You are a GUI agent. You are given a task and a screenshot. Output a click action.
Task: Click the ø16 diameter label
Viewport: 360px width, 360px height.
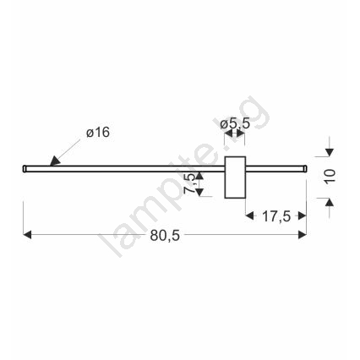[x=98, y=133]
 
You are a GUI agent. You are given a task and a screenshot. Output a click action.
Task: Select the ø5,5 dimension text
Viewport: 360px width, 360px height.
[x=235, y=123]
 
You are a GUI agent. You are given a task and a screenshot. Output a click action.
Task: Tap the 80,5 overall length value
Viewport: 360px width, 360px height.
[x=165, y=235]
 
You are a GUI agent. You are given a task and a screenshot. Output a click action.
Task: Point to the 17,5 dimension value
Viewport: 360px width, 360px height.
[x=276, y=216]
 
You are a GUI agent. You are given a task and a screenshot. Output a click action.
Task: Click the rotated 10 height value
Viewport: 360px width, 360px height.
[x=330, y=177]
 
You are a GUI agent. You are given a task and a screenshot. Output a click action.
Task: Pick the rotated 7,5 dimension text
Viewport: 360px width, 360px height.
[x=189, y=183]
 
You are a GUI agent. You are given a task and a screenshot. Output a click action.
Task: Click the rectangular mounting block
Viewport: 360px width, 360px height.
[x=235, y=177]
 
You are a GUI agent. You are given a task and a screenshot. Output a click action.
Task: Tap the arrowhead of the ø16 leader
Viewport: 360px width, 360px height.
[x=55, y=161]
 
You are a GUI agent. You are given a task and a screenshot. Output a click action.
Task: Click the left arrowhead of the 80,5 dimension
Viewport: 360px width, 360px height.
[x=27, y=234]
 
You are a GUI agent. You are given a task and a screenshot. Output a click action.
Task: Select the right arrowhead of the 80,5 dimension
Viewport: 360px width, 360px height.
[x=303, y=234]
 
